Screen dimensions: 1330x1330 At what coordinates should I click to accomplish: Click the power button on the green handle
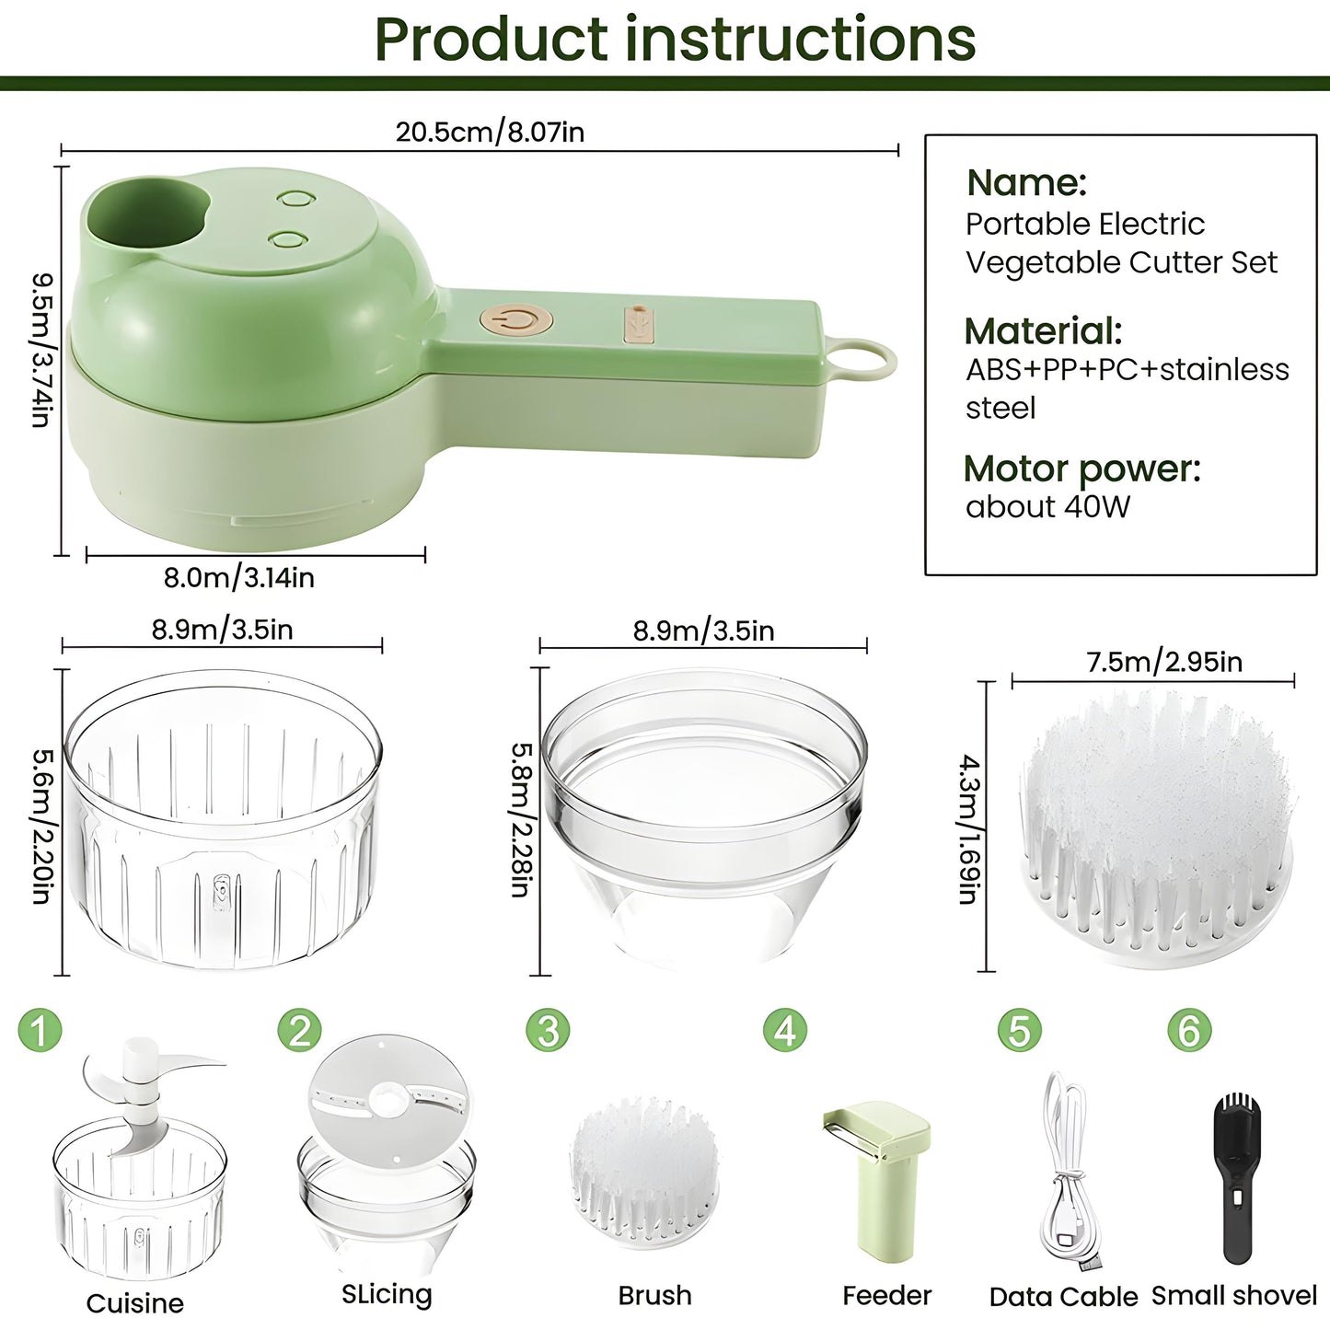[x=516, y=321]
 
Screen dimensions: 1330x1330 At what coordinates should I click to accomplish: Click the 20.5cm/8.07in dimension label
[x=490, y=132]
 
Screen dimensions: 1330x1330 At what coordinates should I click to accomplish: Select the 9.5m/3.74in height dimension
[x=42, y=350]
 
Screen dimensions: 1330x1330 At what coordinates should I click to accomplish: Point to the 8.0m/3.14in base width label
[x=239, y=578]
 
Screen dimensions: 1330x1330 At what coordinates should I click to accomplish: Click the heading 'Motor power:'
[x=1081, y=468]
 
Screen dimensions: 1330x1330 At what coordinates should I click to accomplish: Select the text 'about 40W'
[x=1047, y=507]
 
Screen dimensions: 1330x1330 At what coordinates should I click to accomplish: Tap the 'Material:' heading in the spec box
[x=1043, y=330]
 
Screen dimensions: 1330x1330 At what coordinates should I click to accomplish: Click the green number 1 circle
[x=40, y=1030]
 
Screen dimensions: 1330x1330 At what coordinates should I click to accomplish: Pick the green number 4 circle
[x=785, y=1030]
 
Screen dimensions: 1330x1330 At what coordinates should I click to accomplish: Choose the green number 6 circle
[x=1189, y=1030]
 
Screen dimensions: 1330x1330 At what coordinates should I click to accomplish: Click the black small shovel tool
[x=1236, y=1178]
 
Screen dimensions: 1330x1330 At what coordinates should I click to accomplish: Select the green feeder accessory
[x=879, y=1178]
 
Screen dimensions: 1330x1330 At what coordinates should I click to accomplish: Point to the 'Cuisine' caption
[x=134, y=1303]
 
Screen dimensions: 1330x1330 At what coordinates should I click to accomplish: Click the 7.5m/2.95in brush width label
[x=1164, y=662]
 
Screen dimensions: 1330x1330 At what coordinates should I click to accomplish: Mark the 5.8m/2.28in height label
[x=521, y=819]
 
